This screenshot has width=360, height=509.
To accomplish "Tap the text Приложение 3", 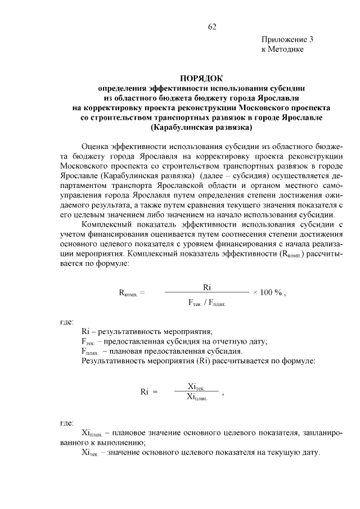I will [x=287, y=39].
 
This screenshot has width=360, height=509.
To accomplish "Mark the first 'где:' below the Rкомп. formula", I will [x=67, y=322].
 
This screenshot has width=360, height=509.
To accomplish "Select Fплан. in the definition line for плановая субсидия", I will [x=91, y=352].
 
